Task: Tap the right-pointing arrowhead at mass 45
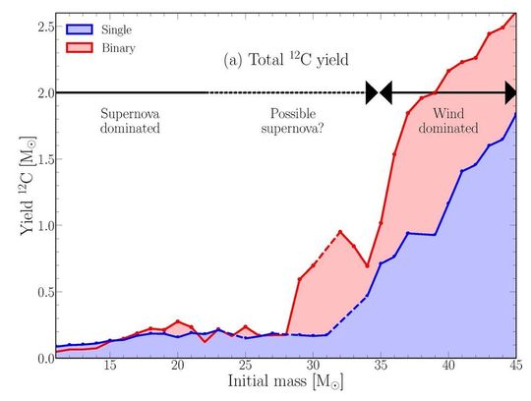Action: point(510,92)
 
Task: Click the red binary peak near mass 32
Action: point(339,232)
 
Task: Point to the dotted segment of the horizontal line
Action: point(285,92)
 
